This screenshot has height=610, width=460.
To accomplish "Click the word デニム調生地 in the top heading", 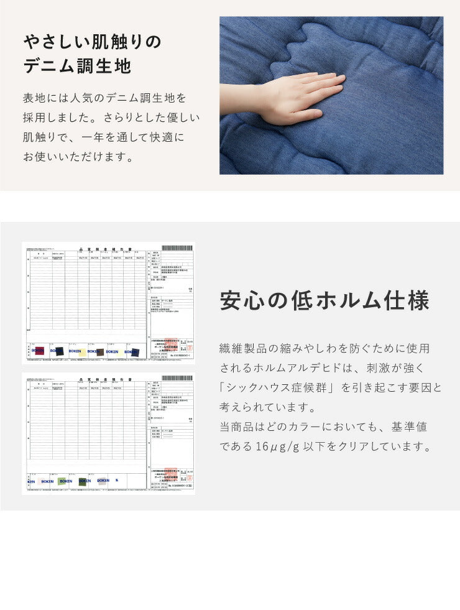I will click(x=78, y=66).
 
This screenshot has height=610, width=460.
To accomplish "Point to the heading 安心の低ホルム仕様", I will click(x=324, y=301).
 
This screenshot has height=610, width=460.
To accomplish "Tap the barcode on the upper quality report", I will click(x=177, y=247).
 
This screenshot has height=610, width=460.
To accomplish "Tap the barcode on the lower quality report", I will click(x=177, y=377).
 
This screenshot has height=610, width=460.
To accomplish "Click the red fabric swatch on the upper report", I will click(x=40, y=351).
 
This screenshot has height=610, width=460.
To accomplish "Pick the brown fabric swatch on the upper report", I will click(x=100, y=352).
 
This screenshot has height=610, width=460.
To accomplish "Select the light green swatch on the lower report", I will click(x=62, y=481).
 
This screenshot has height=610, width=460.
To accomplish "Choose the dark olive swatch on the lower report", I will click(x=82, y=481).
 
